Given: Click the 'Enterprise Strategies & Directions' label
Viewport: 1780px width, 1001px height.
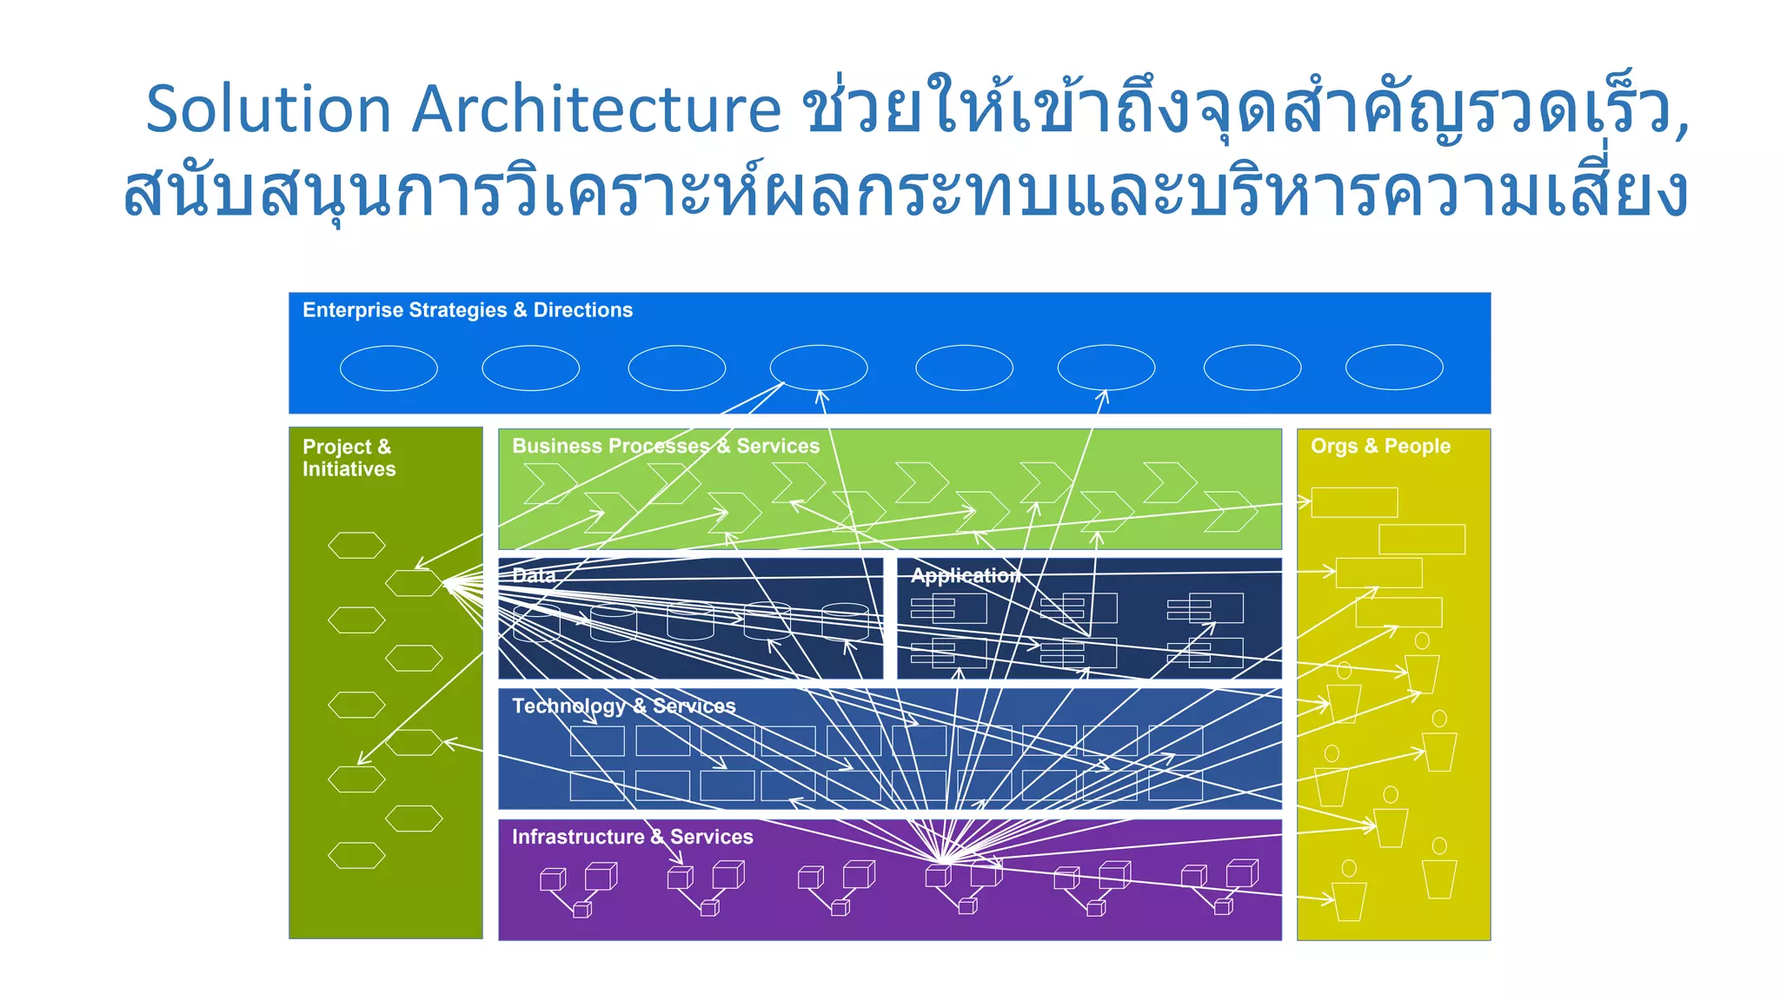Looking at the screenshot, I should (467, 310).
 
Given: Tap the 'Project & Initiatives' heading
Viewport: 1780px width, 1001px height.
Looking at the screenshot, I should (349, 458).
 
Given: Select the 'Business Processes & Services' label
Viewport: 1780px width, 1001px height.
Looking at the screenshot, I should (665, 446).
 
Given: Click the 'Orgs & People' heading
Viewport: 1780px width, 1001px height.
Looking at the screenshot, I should (1380, 446).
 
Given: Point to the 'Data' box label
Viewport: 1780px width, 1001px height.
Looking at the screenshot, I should (533, 575).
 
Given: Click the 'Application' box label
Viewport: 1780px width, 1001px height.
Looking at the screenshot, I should (965, 575).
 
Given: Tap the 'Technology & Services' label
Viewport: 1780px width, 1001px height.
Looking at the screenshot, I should (623, 706).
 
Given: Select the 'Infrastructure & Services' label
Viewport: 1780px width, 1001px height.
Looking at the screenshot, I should (632, 837).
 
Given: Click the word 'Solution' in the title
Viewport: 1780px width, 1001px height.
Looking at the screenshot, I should (268, 110).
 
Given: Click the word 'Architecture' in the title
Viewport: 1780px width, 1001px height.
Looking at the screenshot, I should (596, 110).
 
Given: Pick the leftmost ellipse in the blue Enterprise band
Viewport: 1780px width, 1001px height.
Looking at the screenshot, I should (389, 368).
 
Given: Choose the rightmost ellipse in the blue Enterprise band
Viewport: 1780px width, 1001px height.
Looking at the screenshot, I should (1394, 368).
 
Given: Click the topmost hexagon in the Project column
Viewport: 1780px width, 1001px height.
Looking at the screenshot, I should (356, 546).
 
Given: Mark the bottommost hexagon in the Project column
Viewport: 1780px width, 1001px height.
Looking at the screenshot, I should (356, 856).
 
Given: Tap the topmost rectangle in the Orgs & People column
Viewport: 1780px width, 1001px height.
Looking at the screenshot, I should (1354, 502).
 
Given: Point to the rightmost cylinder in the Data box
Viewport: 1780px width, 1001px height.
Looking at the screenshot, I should (845, 620).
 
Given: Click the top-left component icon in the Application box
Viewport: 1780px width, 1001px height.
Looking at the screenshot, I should (948, 608).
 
